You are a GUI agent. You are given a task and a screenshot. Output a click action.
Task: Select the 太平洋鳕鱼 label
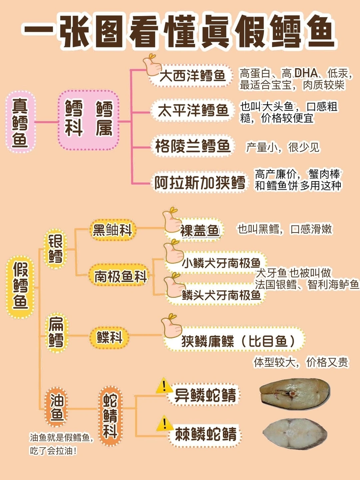coord(193,111)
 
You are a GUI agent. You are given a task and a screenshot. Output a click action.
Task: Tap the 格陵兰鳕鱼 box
coord(193,146)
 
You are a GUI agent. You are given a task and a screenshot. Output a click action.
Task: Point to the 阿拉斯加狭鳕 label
coord(199,182)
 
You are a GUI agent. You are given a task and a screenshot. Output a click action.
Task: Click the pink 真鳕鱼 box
coord(20,122)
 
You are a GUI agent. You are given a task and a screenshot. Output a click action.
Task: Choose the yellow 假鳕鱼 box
coord(20,286)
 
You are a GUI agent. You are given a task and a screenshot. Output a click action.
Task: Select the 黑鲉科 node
coord(112,230)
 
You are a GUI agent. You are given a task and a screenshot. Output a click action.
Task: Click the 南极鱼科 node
coord(120,276)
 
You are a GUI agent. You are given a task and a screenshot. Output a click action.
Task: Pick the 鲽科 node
coord(109,337)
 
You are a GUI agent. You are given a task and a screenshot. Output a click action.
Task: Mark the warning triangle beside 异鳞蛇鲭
coord(164,386)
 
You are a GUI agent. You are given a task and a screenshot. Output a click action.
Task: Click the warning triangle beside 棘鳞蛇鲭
coord(164,423)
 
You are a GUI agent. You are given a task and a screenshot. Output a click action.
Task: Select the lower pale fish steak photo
coord(295,434)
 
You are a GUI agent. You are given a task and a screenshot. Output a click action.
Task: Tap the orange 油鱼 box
coord(57,407)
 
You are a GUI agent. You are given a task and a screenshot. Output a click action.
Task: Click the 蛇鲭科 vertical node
coord(110,416)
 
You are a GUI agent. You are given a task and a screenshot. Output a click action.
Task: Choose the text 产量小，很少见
coord(283,147)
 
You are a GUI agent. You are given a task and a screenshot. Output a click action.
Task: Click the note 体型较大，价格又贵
coord(301,362)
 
